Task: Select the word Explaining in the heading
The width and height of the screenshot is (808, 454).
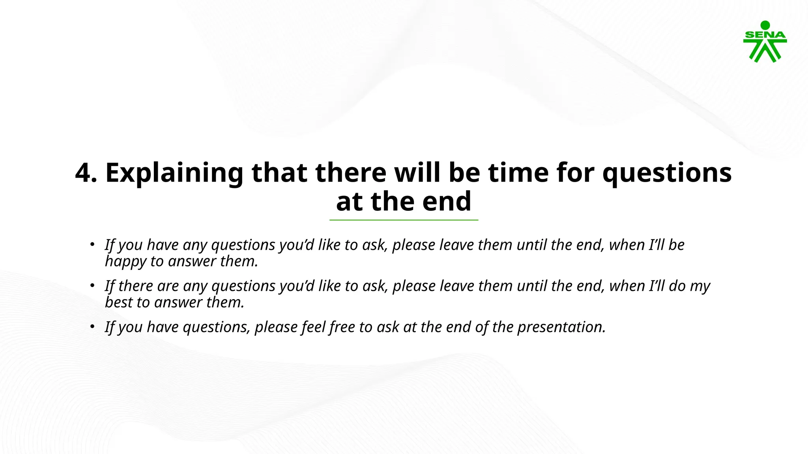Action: (x=174, y=173)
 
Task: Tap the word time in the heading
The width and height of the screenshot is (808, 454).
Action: (x=518, y=173)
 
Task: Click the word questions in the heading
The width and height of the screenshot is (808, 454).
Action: (x=666, y=174)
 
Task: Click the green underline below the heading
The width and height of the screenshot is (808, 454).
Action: (x=404, y=220)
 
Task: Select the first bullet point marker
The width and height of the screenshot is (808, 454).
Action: (x=92, y=244)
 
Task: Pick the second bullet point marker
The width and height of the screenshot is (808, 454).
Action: (x=92, y=285)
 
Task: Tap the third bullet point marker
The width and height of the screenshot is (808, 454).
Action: (x=92, y=326)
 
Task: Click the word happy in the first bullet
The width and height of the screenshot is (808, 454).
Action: (x=125, y=262)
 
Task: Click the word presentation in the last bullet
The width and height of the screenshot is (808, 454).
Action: (x=561, y=327)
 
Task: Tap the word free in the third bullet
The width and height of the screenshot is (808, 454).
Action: (x=342, y=327)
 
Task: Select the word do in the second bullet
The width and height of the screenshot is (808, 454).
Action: (x=677, y=286)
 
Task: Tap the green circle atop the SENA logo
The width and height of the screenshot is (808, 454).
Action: (x=765, y=25)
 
